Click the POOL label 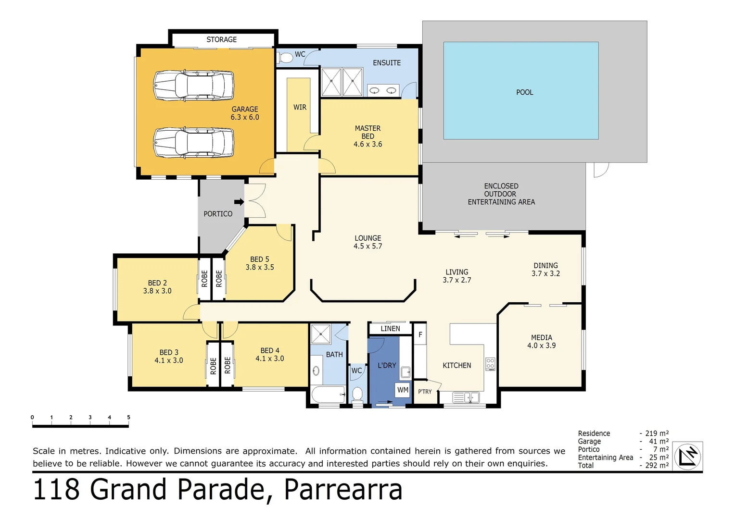(524, 92)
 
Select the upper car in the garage (193, 86)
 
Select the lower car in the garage (193, 143)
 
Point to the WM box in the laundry (403, 390)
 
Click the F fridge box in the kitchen (420, 334)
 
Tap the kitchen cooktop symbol (490, 363)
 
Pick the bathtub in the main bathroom (328, 395)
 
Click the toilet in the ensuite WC (286, 58)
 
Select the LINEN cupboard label (390, 329)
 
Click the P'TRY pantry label (425, 392)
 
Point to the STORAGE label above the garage (221, 39)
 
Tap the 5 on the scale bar (128, 417)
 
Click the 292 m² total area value (657, 465)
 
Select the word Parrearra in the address (343, 489)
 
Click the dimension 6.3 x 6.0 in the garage (245, 117)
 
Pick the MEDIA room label (541, 337)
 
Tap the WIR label (300, 107)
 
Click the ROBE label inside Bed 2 (204, 279)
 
